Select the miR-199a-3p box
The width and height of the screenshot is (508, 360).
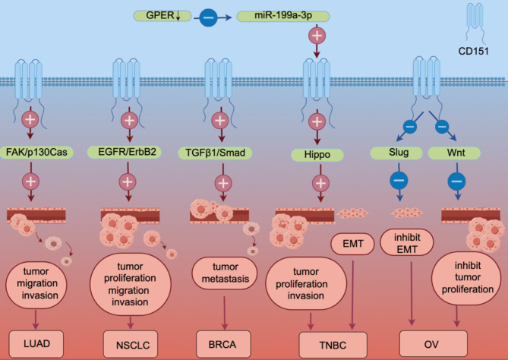coord(283,16)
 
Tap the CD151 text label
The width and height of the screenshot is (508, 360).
coord(473,51)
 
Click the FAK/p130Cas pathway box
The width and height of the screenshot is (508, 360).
coord(36,153)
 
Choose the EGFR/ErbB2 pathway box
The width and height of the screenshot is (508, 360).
coord(125,152)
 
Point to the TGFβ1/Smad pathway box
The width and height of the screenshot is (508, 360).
coord(215,153)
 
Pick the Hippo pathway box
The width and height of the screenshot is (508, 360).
coord(317,155)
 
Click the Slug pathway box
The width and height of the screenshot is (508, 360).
coord(396,153)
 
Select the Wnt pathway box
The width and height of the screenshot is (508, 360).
coord(454,153)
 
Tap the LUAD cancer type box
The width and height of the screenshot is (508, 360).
coord(36,344)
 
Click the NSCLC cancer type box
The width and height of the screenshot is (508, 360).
coord(131,345)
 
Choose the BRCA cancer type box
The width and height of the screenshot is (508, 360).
coord(223,344)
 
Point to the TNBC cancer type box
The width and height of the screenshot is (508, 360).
coord(333,346)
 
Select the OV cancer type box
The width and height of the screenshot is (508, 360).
coord(434,344)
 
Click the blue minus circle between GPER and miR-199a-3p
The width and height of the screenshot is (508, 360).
coord(208,17)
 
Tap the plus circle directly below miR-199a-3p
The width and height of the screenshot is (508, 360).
coord(317,36)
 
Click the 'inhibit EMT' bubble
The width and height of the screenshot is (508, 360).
coord(406,243)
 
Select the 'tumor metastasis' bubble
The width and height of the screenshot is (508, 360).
coord(225,273)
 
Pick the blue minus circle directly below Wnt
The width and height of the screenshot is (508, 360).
coord(457,181)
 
